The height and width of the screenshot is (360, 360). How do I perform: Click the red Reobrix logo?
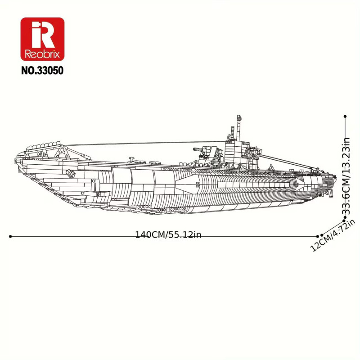click(x=42, y=39)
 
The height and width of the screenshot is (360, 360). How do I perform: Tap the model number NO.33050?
click(x=42, y=71)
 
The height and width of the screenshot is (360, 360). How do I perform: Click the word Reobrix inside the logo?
click(x=42, y=54)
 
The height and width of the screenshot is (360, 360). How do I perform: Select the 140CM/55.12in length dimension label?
click(x=168, y=235)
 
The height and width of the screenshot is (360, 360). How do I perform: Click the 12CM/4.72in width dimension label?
click(x=333, y=235)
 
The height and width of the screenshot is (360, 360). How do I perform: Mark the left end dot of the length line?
click(x=10, y=236)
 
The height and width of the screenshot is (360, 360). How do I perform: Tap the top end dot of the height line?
click(x=345, y=117)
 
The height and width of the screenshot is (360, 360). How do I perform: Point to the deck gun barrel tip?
click(x=194, y=149)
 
